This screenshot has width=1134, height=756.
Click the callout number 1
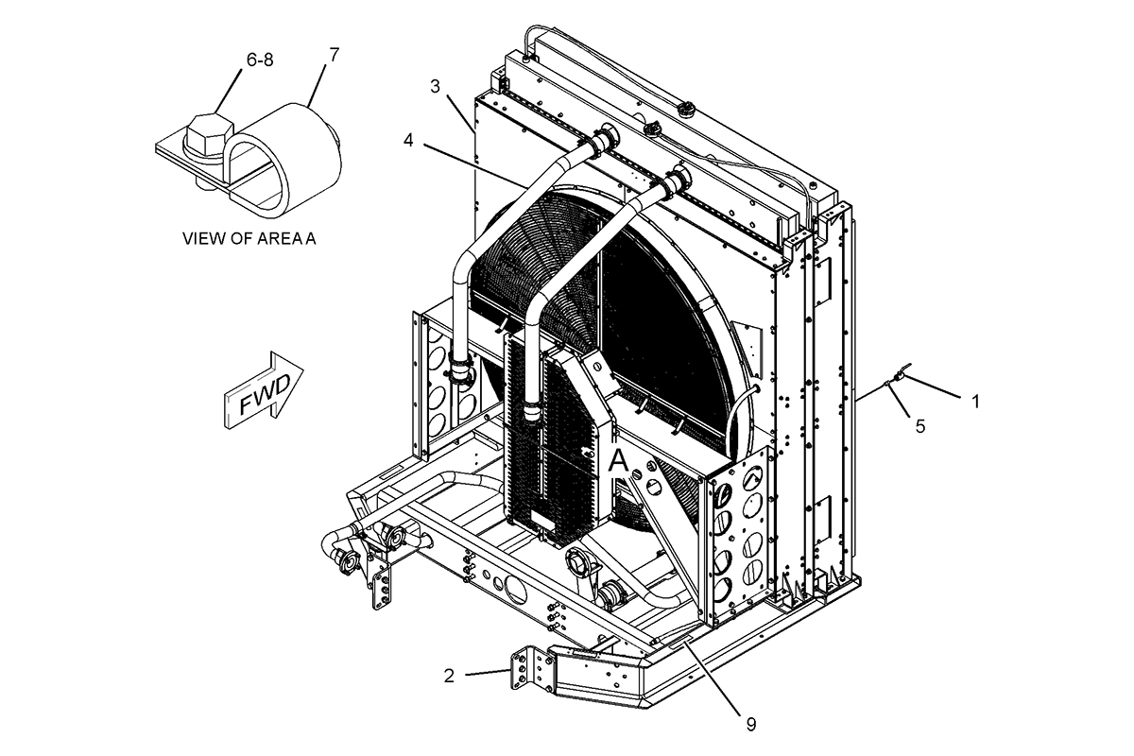[975, 401]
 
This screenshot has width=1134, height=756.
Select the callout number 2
[449, 675]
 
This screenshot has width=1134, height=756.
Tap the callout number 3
[435, 86]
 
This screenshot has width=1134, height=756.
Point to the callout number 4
[408, 140]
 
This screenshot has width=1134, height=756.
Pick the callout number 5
[919, 425]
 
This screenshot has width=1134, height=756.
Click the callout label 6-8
[260, 60]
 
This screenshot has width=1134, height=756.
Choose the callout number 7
[334, 55]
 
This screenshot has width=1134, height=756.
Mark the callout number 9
[751, 724]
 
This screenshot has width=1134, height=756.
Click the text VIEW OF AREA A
[249, 238]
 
